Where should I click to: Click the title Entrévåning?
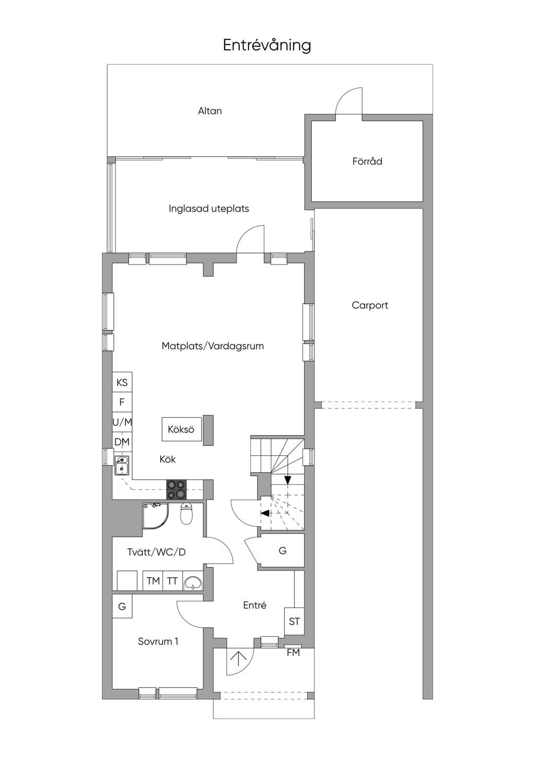(x=267, y=45)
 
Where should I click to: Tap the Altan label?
(x=210, y=111)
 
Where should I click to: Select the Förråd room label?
(x=367, y=161)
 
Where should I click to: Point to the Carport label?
(x=370, y=305)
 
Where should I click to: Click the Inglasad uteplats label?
(x=209, y=209)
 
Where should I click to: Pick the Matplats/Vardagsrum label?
(x=213, y=346)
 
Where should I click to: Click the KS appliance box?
(x=122, y=382)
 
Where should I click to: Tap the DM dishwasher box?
(x=122, y=442)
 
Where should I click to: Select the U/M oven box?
(x=122, y=422)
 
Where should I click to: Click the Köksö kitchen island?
(x=182, y=429)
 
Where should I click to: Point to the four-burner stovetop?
(x=176, y=489)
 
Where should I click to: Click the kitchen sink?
(x=122, y=465)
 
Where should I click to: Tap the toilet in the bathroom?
(x=186, y=513)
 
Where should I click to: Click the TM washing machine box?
(x=153, y=581)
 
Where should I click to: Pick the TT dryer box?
(x=172, y=581)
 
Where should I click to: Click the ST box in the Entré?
(x=294, y=621)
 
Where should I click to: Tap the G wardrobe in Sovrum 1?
(x=122, y=606)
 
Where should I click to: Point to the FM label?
(x=293, y=652)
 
